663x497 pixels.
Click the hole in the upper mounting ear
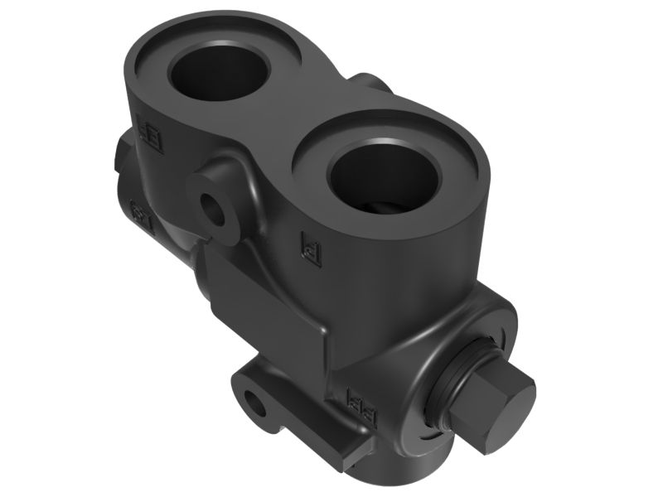point(215,210)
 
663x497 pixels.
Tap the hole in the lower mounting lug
point(258,405)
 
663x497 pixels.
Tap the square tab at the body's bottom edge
point(351,447)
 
